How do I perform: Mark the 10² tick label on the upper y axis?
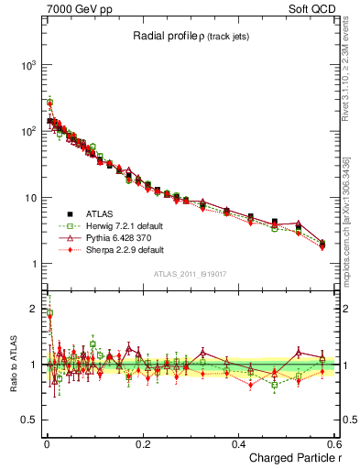coord(27,132)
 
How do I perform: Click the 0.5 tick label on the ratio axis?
coord(28,420)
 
